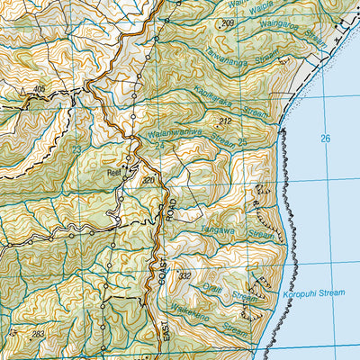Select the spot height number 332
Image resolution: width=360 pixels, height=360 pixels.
coord(185,274)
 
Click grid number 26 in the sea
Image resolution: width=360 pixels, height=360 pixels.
coord(325,137)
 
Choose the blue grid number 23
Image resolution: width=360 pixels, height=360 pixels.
coord(78,149)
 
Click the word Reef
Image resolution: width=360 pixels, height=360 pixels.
coord(113,165)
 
